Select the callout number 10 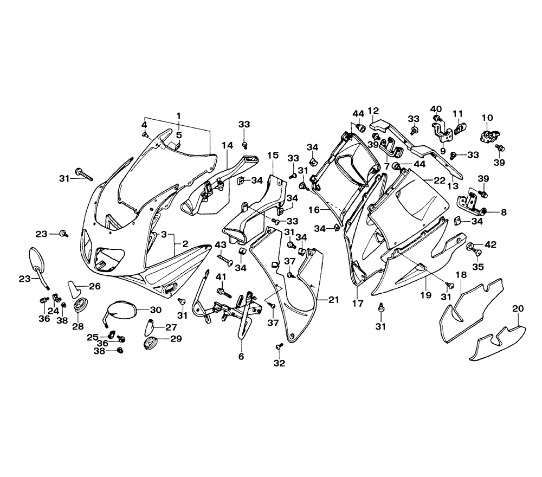(487, 117)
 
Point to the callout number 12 (373, 111)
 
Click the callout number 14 (227, 145)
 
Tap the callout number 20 (518, 308)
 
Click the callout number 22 (439, 179)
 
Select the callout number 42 (491, 244)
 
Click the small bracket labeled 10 (489, 133)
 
